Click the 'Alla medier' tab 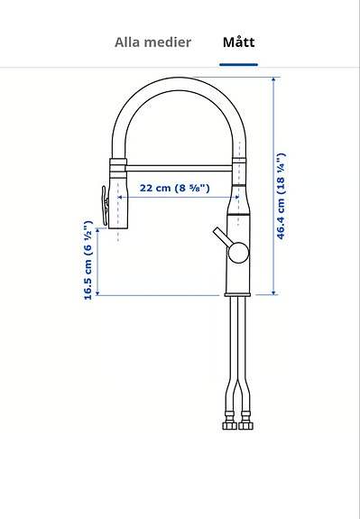[x=152, y=42]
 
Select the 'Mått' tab [x=238, y=42]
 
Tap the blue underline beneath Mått [x=238, y=65]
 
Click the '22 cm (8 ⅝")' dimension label [x=175, y=189]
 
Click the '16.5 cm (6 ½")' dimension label [x=88, y=260]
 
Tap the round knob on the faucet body [x=237, y=252]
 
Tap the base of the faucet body [x=237, y=292]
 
